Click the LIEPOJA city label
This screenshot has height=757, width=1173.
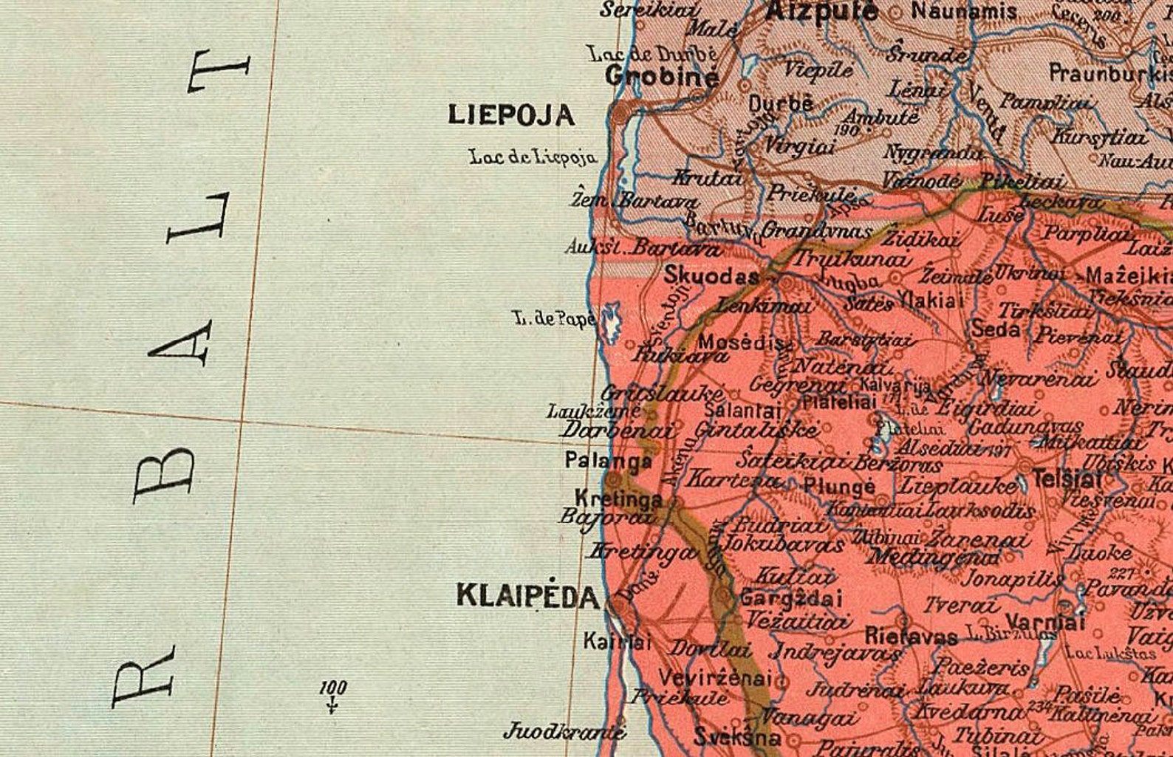(x=511, y=114)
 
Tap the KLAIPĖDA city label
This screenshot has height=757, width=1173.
(x=527, y=595)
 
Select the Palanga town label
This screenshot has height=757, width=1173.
(x=608, y=461)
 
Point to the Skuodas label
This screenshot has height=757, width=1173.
(x=711, y=276)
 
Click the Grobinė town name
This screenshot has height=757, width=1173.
(x=662, y=76)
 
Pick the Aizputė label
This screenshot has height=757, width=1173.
(x=821, y=11)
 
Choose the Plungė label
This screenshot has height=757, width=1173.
(x=838, y=487)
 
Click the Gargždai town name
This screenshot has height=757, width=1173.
(x=790, y=597)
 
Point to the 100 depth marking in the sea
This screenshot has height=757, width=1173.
(x=333, y=688)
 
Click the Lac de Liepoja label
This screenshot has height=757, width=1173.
(x=533, y=157)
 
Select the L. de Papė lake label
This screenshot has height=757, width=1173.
(x=554, y=319)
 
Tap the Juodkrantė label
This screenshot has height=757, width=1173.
(x=564, y=732)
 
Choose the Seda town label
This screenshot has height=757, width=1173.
(x=995, y=329)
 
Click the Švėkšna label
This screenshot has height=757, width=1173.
(x=736, y=736)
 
